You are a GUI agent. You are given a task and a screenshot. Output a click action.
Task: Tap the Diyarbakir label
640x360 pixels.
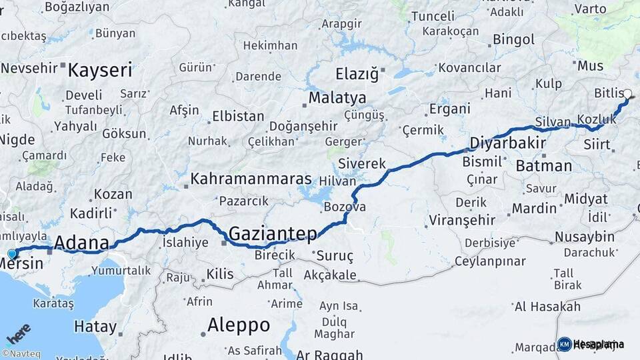[x=508, y=143]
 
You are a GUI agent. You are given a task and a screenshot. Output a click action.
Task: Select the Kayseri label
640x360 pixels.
[x=100, y=70]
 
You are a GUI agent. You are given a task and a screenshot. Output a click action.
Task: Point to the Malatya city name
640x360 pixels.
[x=337, y=99]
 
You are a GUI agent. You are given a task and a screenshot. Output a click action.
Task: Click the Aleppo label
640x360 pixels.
[x=239, y=325]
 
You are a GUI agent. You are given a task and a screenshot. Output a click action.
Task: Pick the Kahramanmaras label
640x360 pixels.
[x=251, y=179]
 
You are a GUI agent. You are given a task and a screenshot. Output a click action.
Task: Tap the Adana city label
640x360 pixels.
[x=81, y=242]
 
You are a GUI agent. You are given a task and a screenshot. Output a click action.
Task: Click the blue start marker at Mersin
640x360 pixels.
[x=11, y=253]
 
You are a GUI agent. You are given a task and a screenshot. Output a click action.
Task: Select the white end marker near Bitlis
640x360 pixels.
[x=627, y=94]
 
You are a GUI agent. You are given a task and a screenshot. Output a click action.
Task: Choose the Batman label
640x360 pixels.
[x=543, y=165]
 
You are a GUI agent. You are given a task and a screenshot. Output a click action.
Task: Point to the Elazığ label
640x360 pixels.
[x=357, y=73]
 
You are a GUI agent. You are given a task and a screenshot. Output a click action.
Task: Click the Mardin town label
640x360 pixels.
[x=534, y=208]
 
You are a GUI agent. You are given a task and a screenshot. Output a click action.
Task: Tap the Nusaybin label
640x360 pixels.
[x=585, y=237]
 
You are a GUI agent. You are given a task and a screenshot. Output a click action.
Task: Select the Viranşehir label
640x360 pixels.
[x=462, y=220]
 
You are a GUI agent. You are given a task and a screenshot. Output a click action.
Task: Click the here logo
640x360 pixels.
[x=19, y=334]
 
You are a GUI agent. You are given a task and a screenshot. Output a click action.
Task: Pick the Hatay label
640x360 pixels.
[x=95, y=327]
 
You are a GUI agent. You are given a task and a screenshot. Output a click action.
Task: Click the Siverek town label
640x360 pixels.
[x=362, y=163]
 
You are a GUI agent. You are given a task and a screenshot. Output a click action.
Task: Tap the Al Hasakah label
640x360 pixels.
[x=547, y=307]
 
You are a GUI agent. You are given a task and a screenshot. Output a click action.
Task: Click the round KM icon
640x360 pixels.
[x=564, y=344]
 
